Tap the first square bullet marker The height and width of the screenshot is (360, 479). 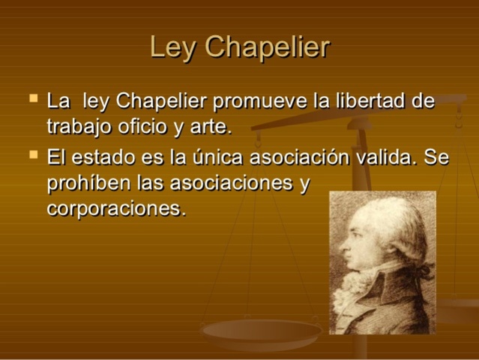click(x=32, y=97)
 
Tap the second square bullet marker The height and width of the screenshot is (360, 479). click(x=32, y=155)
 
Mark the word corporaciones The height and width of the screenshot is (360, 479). click(x=115, y=208)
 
